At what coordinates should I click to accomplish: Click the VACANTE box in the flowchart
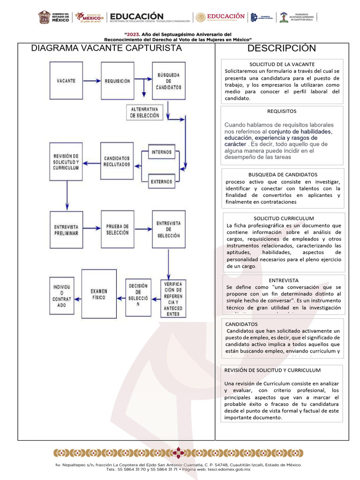pyautogui.click(x=66, y=81)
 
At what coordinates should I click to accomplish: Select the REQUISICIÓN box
pyautogui.click(x=117, y=81)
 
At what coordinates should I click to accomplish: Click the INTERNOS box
pyautogui.click(x=161, y=152)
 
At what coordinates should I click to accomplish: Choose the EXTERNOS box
pyautogui.click(x=161, y=181)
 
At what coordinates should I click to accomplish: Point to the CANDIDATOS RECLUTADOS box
pyautogui.click(x=117, y=162)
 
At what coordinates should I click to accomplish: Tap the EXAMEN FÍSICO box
pyautogui.click(x=99, y=294)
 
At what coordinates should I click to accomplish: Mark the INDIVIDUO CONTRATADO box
pyautogui.click(x=62, y=295)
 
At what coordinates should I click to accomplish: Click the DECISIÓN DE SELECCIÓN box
pyautogui.click(x=138, y=295)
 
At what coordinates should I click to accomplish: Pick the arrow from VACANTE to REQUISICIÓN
pyautogui.click(x=91, y=81)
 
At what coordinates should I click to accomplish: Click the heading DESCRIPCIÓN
pyautogui.click(x=282, y=49)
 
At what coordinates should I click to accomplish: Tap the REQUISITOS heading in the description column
pyautogui.click(x=282, y=112)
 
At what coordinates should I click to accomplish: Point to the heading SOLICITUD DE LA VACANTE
pyautogui.click(x=282, y=64)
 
